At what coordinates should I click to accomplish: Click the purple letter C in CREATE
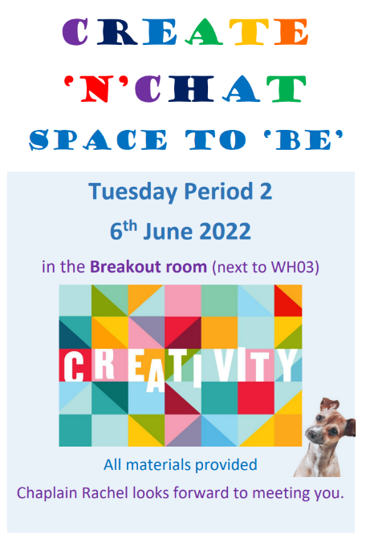tap(75, 32)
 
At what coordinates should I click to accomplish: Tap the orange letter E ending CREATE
tap(291, 32)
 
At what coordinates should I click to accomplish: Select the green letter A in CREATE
tap(204, 32)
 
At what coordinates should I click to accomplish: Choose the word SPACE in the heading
tap(98, 140)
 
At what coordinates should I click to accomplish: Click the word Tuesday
tap(133, 192)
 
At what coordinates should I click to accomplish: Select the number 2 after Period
tap(266, 191)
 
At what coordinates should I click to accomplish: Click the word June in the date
tap(169, 231)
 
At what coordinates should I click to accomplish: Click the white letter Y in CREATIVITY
tap(287, 365)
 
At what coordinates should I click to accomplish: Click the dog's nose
tap(311, 432)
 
